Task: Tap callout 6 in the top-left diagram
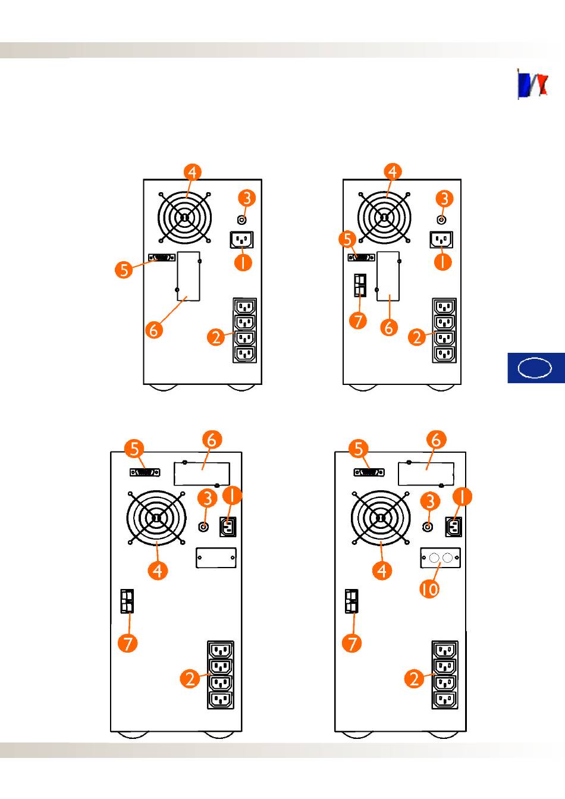(x=153, y=329)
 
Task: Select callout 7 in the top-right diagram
(x=358, y=321)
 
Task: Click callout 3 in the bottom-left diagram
(x=207, y=499)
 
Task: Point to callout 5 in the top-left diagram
(x=123, y=270)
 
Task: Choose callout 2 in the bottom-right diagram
(x=415, y=678)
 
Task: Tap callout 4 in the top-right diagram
(x=392, y=172)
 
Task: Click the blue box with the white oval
(x=535, y=368)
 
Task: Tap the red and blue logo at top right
(x=533, y=84)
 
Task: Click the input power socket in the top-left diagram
(x=241, y=240)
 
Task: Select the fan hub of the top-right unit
(x=384, y=218)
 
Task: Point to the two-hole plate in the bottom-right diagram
(x=441, y=558)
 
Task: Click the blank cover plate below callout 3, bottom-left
(x=216, y=557)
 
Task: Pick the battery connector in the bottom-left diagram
(x=127, y=601)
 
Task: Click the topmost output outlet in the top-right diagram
(x=444, y=307)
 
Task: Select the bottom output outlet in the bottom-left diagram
(x=221, y=700)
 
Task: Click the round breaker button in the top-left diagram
(x=241, y=218)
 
